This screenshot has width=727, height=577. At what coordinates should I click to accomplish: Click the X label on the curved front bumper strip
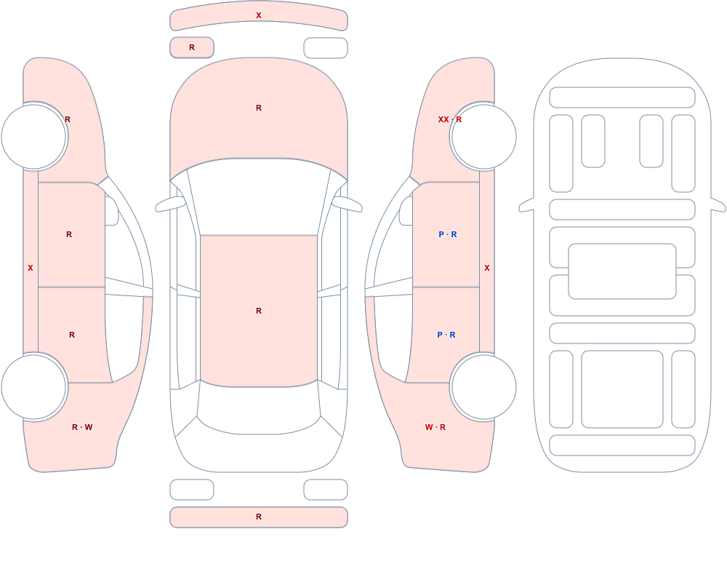[259, 15]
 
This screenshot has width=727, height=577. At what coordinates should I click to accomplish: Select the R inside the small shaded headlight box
[192, 47]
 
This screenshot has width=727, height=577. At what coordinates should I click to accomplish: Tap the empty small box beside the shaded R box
[326, 48]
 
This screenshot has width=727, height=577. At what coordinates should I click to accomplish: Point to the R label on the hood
[259, 108]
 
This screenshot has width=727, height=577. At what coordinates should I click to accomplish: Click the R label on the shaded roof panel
[259, 311]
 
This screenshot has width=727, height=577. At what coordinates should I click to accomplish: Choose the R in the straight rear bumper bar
[259, 517]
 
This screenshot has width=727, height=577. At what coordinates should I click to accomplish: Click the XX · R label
[450, 119]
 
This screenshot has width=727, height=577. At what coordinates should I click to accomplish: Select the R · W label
[82, 427]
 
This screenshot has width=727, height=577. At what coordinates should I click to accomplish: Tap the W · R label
[435, 427]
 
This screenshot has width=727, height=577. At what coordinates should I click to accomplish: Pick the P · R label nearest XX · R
[447, 234]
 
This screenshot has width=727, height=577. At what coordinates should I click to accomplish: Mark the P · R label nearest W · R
[446, 335]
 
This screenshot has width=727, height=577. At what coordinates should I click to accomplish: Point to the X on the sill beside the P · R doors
[487, 268]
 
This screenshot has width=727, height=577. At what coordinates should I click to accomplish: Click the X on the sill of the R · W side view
[31, 268]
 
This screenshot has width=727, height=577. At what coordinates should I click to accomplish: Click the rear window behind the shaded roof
[259, 408]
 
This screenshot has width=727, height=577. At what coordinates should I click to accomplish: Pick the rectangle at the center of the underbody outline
[622, 271]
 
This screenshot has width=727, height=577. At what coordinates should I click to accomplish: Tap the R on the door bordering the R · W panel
[72, 335]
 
